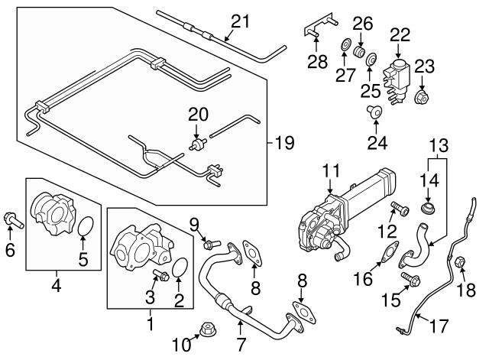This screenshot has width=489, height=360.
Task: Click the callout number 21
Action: tap(241, 22)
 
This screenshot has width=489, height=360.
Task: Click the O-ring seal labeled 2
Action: tap(181, 269)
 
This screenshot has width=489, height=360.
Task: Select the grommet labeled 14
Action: tap(429, 207)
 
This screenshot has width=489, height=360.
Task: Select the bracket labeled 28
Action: tap(314, 31)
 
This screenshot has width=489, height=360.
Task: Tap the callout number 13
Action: tap(438, 145)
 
